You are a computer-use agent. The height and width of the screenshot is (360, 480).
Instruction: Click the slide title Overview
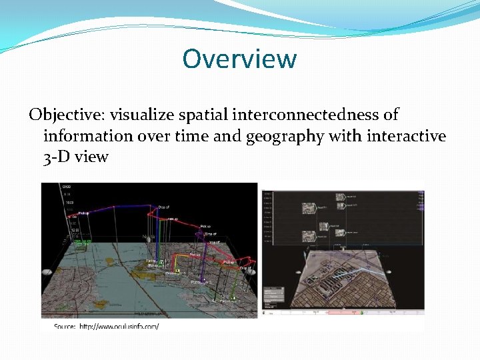[239, 59]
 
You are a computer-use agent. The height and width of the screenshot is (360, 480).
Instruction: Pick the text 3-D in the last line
[57, 157]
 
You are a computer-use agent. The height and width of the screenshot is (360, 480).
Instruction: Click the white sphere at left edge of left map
[47, 272]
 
